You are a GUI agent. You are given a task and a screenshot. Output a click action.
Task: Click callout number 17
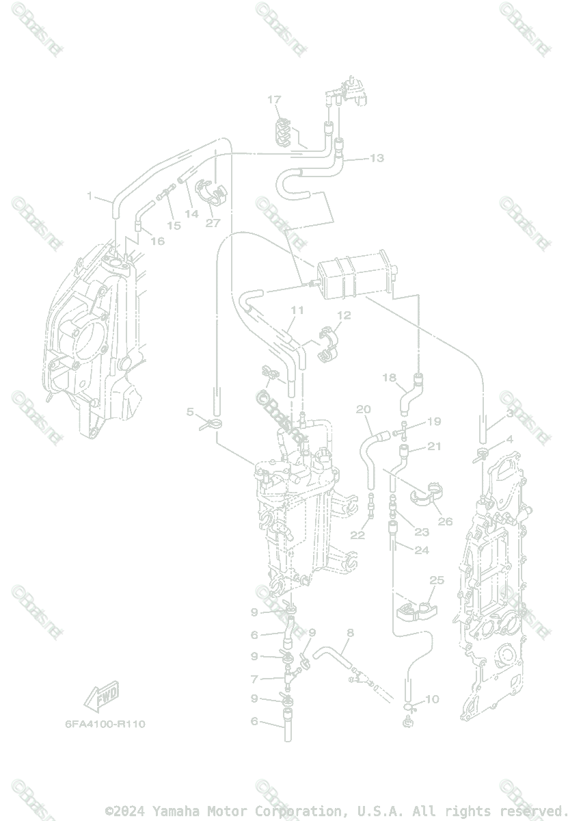(274, 100)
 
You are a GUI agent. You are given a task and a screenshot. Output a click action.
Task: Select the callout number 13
(377, 158)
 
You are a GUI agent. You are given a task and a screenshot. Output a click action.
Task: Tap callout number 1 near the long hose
(90, 196)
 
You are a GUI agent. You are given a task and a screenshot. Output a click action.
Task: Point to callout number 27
(213, 223)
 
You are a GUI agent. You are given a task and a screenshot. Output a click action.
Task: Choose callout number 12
(343, 316)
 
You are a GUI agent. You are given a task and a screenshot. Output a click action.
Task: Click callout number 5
(191, 411)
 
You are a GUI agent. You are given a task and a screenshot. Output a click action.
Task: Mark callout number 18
(389, 378)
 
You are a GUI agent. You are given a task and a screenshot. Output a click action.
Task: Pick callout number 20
(363, 409)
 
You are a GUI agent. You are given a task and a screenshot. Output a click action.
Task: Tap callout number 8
(350, 633)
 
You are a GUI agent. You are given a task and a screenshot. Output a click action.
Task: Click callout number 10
(432, 699)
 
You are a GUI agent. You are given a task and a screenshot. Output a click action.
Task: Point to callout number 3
(510, 415)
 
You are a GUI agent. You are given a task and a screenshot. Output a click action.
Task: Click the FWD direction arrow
(102, 697)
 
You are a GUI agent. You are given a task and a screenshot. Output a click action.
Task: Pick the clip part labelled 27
(213, 191)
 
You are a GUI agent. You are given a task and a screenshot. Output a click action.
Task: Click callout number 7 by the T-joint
(254, 679)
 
